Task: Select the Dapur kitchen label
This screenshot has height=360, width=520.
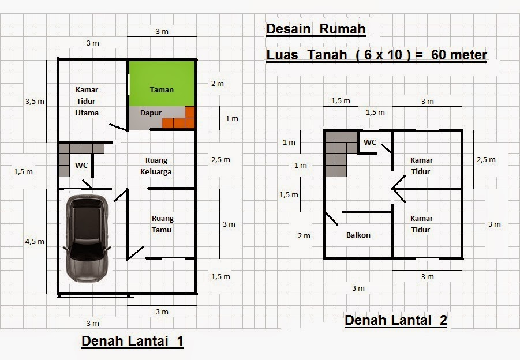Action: [x=151, y=113]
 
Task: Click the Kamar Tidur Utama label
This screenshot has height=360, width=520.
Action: [x=87, y=101]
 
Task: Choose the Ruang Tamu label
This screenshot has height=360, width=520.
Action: [x=162, y=224]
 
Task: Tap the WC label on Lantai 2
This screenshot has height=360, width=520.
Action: [x=370, y=142]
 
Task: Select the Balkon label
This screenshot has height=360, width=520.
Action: [x=358, y=235]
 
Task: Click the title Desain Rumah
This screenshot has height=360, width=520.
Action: [x=316, y=29]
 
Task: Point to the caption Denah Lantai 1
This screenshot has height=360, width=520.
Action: [x=132, y=341]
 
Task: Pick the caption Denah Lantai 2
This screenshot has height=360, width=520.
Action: [x=395, y=321]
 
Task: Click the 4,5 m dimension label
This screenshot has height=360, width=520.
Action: [x=35, y=242]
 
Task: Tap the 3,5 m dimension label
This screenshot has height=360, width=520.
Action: [x=35, y=101]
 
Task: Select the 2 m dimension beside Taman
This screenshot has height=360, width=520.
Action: [x=217, y=83]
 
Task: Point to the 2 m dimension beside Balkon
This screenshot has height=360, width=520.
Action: [x=304, y=235]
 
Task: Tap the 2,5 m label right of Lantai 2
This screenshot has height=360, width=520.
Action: [x=486, y=160]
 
